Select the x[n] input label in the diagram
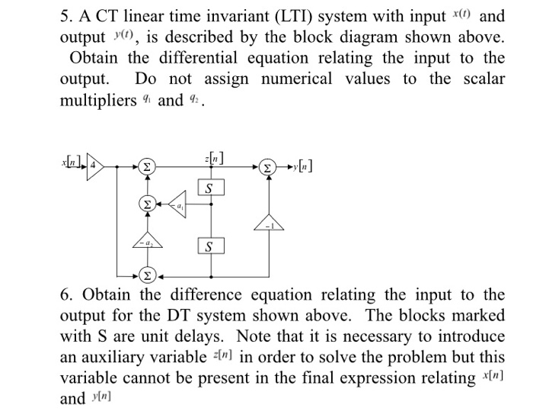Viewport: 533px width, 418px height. coord(74,163)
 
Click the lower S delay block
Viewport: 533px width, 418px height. coord(211,246)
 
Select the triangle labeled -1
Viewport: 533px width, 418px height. coord(267,223)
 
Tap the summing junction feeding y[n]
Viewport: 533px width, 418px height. coord(268,165)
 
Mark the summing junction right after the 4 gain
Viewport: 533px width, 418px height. coord(147,165)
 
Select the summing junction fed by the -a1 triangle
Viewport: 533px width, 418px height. coord(147,204)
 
